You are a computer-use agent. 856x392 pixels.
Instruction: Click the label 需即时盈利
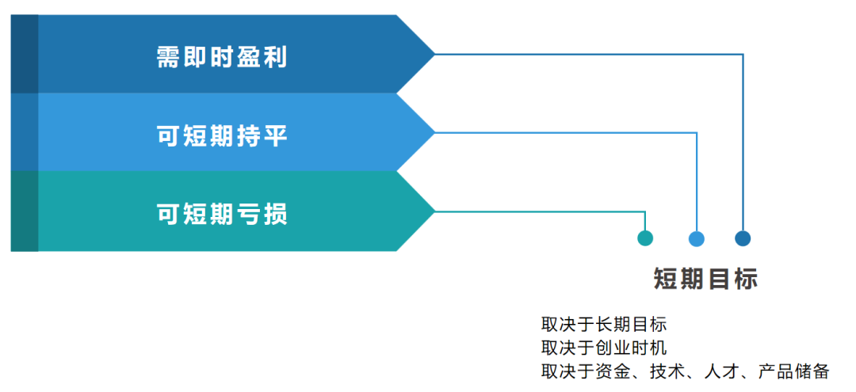coord(222,56)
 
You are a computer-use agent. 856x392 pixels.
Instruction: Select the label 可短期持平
coord(222,135)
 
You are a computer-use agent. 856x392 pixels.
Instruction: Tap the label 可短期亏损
coord(222,214)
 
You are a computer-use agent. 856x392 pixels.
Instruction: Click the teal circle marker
coord(645,238)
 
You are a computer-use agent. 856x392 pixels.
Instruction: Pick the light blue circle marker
coord(697,238)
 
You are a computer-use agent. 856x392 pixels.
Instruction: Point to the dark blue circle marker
coord(743,238)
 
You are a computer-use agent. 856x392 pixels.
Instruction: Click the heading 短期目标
coord(706,280)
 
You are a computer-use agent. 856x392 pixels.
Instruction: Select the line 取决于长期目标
coord(604,325)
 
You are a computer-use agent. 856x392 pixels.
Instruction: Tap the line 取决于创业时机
coord(604,348)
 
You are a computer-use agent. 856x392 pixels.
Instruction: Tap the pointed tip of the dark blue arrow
coord(435,54)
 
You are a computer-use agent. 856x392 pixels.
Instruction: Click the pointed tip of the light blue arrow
coord(435,132)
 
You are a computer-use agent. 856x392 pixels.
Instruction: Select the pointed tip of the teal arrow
coord(435,211)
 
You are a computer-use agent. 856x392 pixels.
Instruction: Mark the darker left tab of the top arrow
coord(25,54)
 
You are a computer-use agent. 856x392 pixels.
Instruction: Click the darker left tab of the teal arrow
coord(25,211)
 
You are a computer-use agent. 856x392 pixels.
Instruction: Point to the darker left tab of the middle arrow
coord(25,132)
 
